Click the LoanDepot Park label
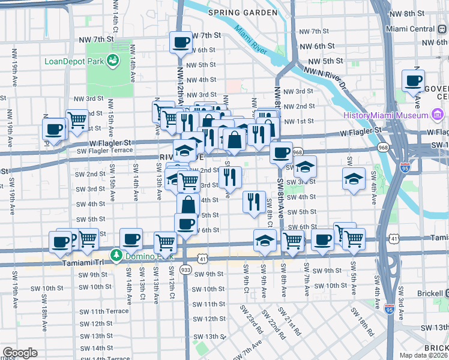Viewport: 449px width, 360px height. (x=71, y=61)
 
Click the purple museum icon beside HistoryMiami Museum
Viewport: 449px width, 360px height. (x=437, y=115)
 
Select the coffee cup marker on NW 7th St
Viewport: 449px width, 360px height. (x=181, y=42)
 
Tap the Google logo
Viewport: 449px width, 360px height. (x=19, y=353)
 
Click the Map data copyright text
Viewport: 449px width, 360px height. (x=424, y=355)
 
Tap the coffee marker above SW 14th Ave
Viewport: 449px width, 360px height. (x=131, y=239)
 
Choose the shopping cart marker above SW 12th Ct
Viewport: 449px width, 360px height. (x=165, y=242)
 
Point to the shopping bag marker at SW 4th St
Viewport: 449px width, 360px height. (x=188, y=205)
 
